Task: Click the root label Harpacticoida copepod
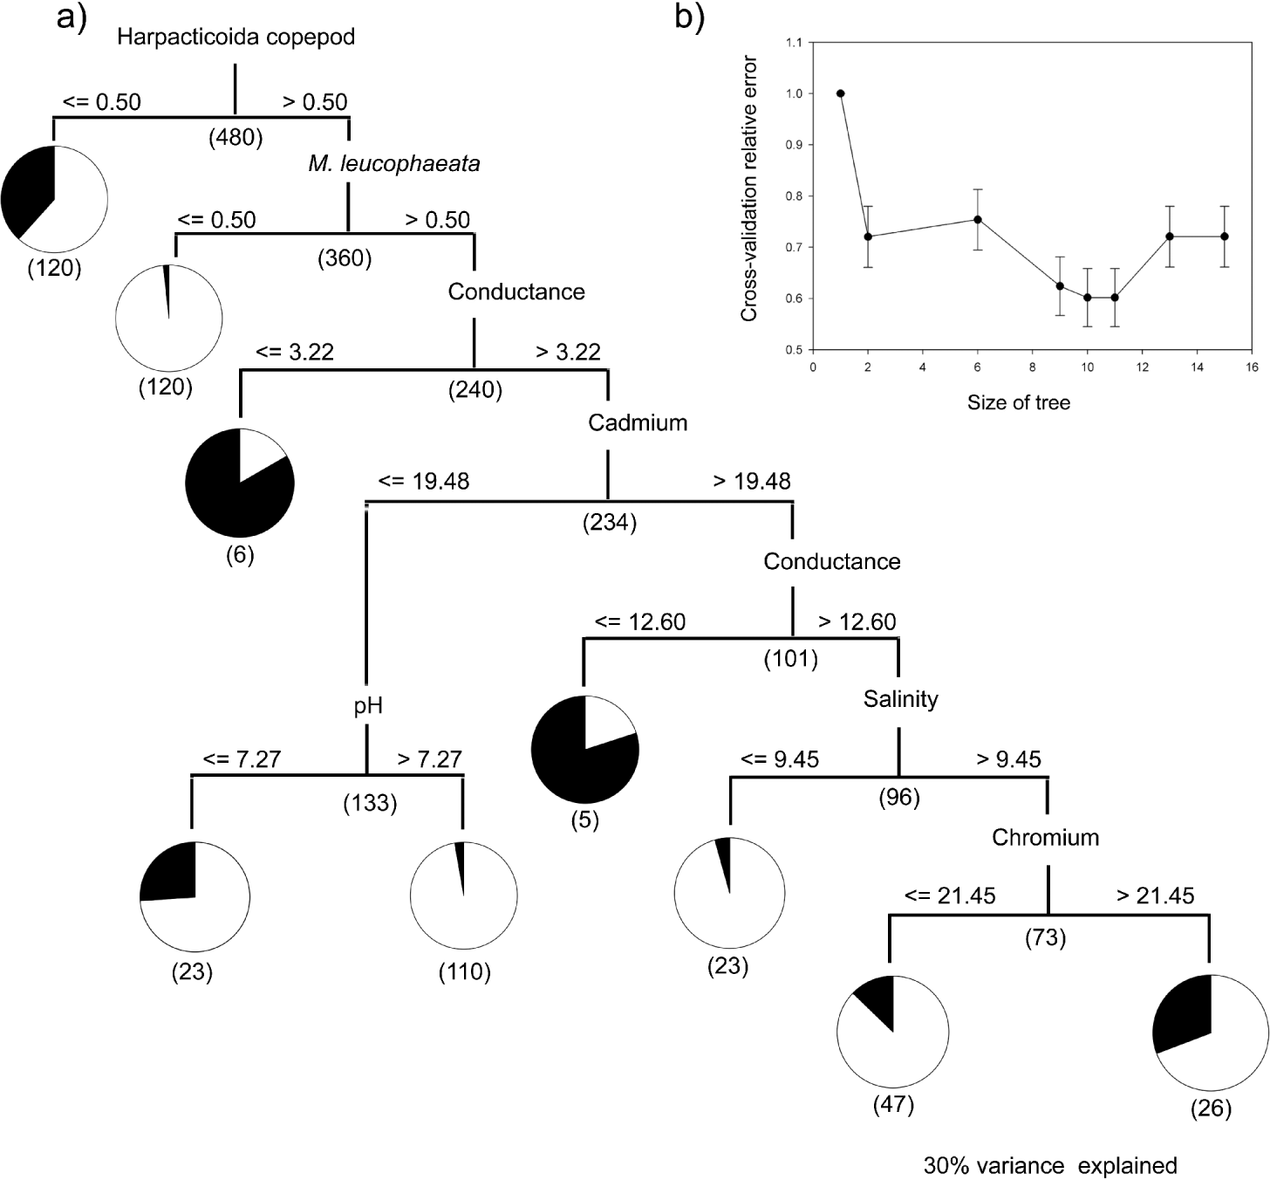(236, 38)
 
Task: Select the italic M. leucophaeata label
(393, 163)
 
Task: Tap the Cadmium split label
(638, 422)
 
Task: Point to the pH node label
(368, 705)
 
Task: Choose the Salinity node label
(900, 699)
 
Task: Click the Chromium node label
(1045, 838)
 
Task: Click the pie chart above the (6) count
(240, 483)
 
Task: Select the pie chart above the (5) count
(585, 750)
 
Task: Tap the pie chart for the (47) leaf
(892, 1031)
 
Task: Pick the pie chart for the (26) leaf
(1211, 1032)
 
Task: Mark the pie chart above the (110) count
(463, 896)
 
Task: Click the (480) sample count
(236, 137)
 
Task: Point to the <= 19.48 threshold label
(424, 481)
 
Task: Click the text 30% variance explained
(1050, 1165)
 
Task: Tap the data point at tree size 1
(840, 93)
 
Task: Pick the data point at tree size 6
(978, 219)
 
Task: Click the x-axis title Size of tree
(1018, 402)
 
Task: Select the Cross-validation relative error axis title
(748, 189)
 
